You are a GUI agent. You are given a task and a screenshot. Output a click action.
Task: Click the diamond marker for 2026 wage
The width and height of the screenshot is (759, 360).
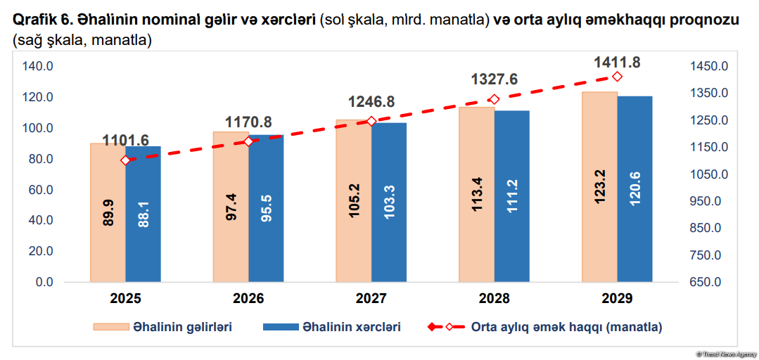pyautogui.click(x=248, y=141)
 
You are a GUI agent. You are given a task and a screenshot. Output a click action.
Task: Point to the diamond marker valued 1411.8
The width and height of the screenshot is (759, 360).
pyautogui.click(x=617, y=77)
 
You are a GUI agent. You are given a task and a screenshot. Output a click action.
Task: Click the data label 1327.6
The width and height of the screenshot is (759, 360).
pyautogui.click(x=494, y=79)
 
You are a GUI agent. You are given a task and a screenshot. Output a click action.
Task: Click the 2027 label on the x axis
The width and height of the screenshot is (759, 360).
pyautogui.click(x=371, y=299)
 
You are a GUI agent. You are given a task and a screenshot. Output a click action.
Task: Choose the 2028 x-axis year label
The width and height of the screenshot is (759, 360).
pyautogui.click(x=494, y=299)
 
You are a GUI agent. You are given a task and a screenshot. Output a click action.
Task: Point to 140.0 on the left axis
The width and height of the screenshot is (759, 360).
pyautogui.click(x=39, y=66)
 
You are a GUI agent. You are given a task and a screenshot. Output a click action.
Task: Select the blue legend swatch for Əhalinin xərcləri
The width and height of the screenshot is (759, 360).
pyautogui.click(x=279, y=327)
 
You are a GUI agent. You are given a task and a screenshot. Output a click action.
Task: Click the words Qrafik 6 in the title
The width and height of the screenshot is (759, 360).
pyautogui.click(x=42, y=20)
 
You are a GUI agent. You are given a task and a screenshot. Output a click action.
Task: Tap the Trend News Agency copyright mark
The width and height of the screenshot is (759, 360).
pyautogui.click(x=724, y=353)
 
